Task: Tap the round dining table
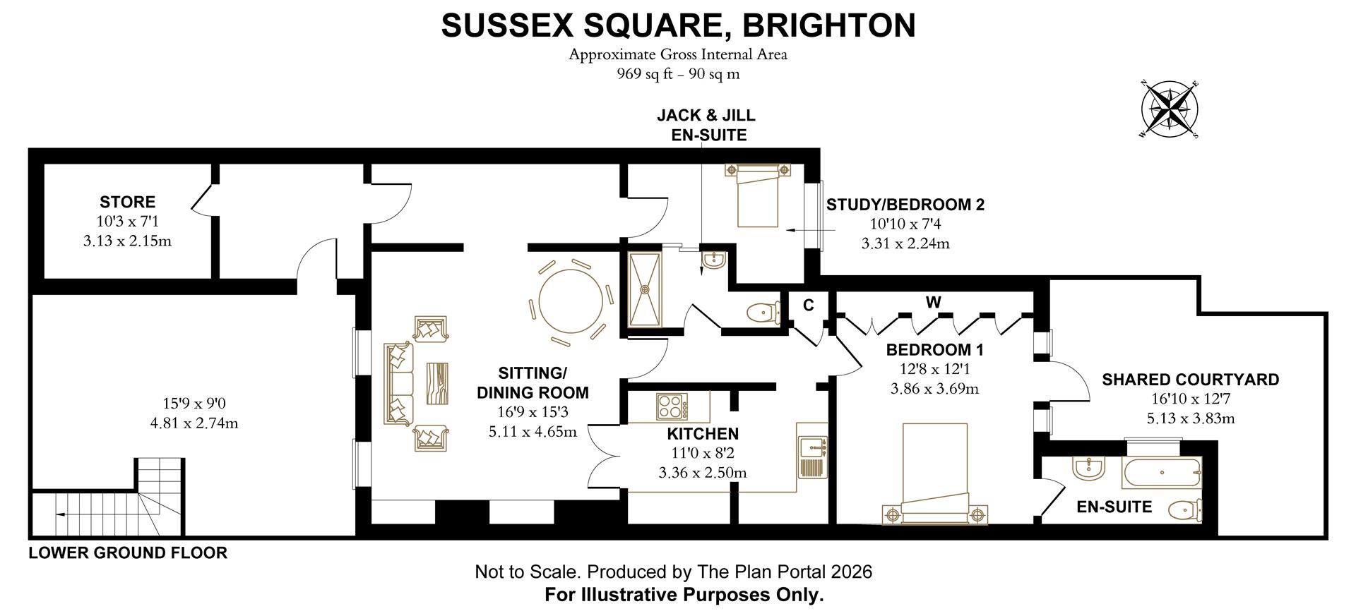(x=571, y=301)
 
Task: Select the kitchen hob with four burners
(x=672, y=407)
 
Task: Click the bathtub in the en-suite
(x=1160, y=473)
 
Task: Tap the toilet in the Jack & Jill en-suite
(x=762, y=311)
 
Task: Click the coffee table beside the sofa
(x=437, y=383)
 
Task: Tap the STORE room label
(x=127, y=202)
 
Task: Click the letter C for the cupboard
(x=809, y=305)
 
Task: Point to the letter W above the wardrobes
(x=933, y=302)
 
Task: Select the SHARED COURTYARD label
(x=1190, y=380)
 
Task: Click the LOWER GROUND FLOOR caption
(x=128, y=553)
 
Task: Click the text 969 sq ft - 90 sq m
(x=678, y=74)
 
